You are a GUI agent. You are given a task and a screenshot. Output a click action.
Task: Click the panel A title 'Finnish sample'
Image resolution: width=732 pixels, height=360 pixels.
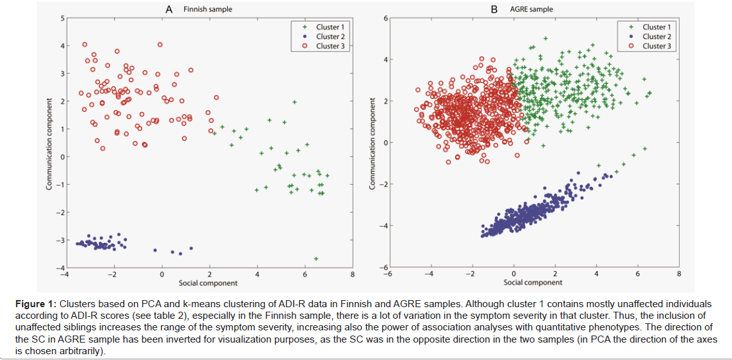(207, 10)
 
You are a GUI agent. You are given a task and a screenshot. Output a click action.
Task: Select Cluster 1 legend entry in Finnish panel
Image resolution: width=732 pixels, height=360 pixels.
(330, 27)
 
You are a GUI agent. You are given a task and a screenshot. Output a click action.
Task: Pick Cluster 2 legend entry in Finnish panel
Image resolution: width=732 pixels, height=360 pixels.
(330, 37)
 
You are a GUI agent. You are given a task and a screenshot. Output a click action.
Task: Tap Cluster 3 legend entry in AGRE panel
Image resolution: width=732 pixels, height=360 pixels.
(657, 46)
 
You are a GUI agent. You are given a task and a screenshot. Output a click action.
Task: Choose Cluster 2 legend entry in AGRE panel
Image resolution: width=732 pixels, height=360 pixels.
(657, 37)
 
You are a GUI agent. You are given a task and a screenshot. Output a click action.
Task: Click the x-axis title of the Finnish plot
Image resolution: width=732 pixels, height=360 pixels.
(207, 283)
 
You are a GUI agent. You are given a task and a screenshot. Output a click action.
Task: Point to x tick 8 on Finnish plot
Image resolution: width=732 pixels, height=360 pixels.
(352, 275)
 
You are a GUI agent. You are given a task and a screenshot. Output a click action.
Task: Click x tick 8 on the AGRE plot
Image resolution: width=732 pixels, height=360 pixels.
(679, 274)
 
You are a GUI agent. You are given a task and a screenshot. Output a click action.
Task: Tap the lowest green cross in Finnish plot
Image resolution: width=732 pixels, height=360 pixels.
(316, 258)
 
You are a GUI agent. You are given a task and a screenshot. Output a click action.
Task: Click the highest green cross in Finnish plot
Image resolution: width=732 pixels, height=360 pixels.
(294, 102)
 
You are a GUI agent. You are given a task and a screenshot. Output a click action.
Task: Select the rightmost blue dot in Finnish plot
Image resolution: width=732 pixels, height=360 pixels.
(191, 248)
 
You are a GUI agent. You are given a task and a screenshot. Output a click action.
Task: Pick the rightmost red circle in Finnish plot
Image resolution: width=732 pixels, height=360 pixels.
(216, 98)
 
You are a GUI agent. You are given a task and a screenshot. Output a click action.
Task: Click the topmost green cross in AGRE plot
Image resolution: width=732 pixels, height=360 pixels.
(545, 39)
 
